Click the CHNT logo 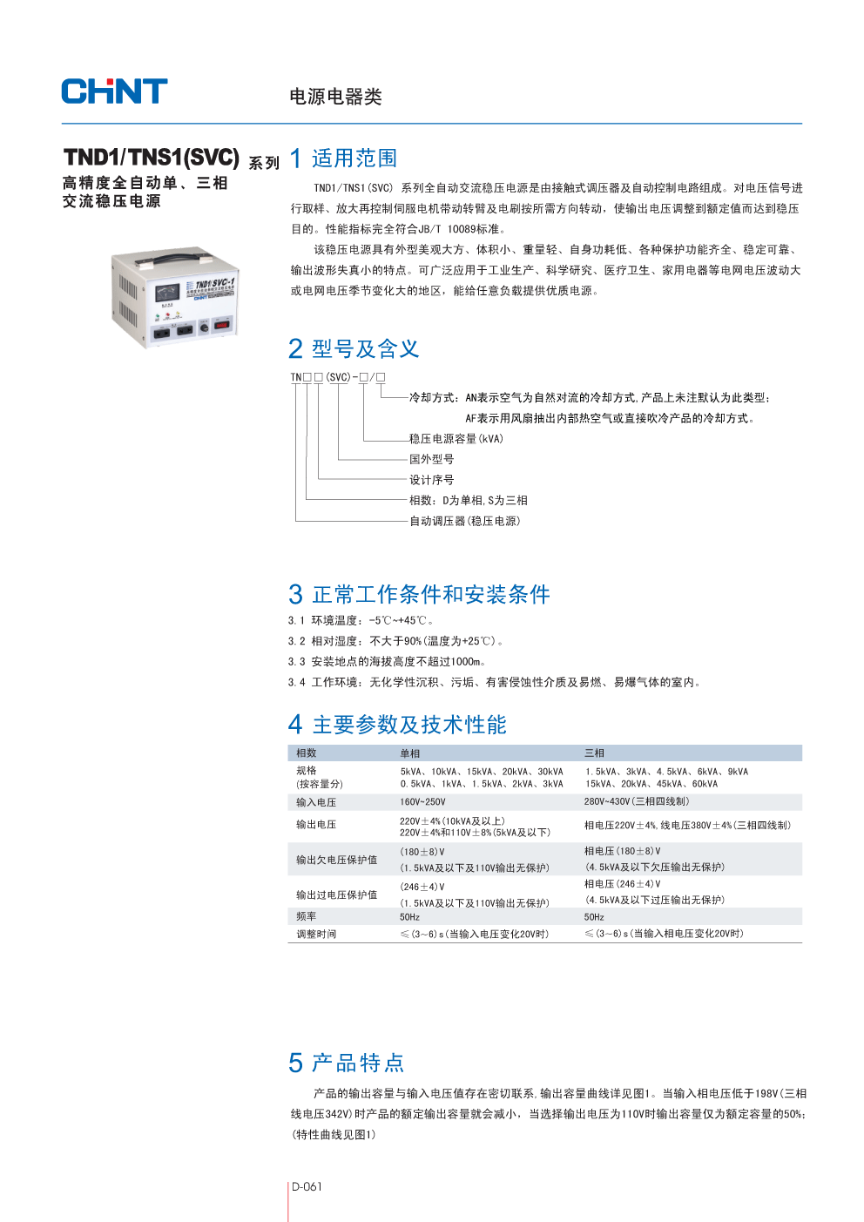[114, 91]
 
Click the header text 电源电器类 [335, 97]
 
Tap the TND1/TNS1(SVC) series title [152, 158]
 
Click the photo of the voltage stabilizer [174, 296]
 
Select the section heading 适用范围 [354, 159]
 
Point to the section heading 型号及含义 [365, 349]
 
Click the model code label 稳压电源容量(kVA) [456, 439]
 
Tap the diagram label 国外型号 [432, 460]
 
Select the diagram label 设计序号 [432, 480]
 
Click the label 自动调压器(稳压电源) [465, 521]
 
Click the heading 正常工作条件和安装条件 [430, 595]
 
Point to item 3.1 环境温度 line [361, 621]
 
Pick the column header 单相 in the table [409, 753]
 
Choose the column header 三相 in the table [594, 753]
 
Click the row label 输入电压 [315, 802]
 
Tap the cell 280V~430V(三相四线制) [637, 802]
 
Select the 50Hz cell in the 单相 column [409, 917]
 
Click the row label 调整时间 [315, 934]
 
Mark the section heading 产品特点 [358, 1063]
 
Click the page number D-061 [307, 1187]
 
